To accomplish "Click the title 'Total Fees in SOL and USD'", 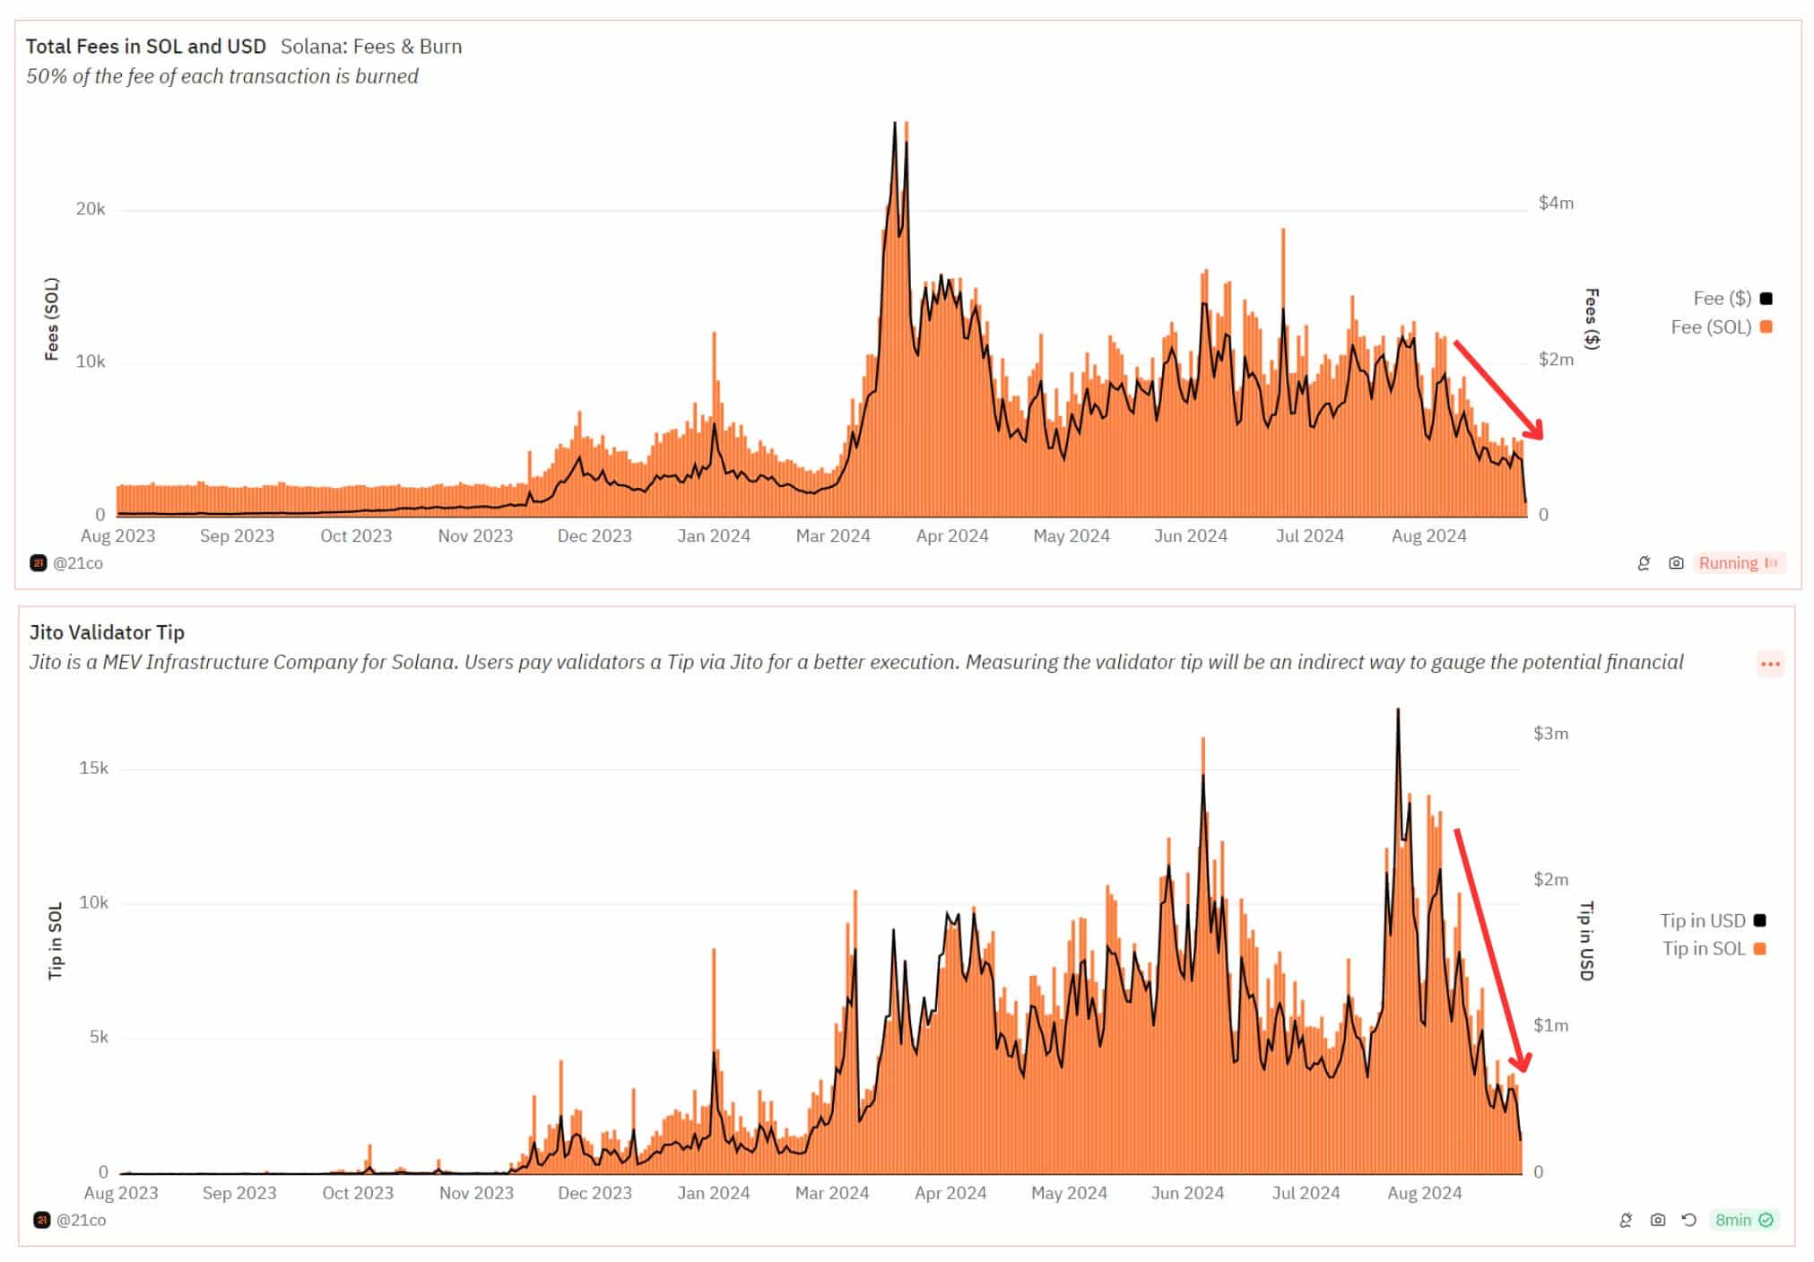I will point(145,47).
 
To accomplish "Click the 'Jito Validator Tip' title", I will point(107,632).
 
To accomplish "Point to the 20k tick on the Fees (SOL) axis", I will point(91,209).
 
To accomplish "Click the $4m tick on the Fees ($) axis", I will point(1556,203).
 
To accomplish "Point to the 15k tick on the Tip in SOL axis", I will point(93,768).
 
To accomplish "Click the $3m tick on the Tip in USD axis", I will point(1550,734).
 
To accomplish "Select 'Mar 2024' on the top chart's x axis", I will point(833,536).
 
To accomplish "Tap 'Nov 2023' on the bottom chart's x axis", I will point(476,1194).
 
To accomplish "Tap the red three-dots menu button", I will point(1769,665).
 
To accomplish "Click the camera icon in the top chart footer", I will point(1675,563).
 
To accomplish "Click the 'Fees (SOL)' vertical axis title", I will point(52,319).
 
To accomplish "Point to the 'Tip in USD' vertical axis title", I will point(1586,941).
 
